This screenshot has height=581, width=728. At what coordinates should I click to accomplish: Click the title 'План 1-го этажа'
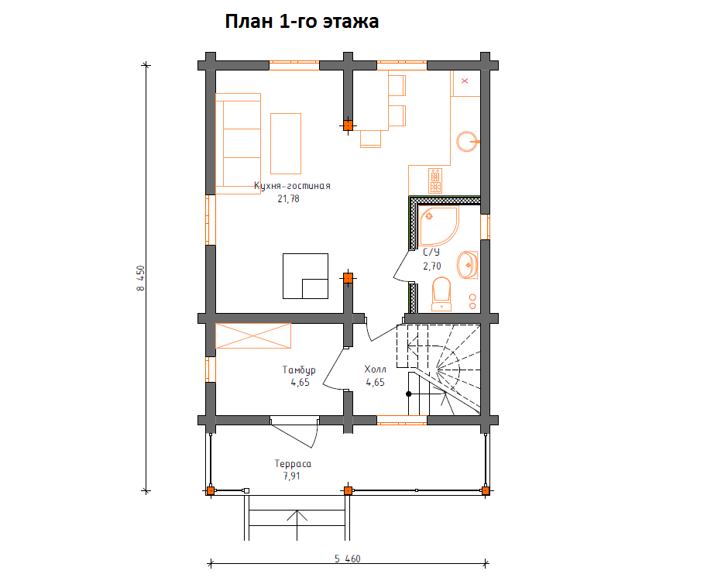(x=302, y=22)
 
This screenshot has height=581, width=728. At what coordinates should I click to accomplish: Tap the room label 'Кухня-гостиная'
(x=292, y=186)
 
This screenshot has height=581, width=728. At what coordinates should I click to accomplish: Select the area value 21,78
(x=288, y=199)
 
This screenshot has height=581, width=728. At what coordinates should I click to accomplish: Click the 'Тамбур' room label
(x=299, y=370)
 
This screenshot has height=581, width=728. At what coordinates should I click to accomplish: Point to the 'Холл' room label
(x=375, y=370)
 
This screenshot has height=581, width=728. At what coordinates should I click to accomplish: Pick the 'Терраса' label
(x=293, y=463)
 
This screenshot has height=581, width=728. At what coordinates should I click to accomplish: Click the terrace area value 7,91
(x=291, y=476)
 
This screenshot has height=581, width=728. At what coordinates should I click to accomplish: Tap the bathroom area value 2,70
(x=432, y=266)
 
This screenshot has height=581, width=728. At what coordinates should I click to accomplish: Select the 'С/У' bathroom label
(x=431, y=253)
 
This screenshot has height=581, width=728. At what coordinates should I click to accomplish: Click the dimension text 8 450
(x=141, y=278)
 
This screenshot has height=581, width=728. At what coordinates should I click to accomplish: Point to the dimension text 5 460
(x=348, y=559)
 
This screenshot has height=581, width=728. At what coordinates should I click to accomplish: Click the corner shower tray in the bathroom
(x=439, y=226)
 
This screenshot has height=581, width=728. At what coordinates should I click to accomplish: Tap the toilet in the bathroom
(x=441, y=294)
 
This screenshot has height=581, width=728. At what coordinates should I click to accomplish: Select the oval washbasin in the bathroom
(x=468, y=265)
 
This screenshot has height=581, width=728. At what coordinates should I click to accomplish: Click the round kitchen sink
(x=466, y=142)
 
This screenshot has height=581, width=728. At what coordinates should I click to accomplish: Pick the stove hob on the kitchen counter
(x=435, y=180)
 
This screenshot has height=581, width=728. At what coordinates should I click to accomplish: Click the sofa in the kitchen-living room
(x=238, y=143)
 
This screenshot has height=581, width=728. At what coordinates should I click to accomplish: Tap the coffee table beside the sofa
(x=286, y=143)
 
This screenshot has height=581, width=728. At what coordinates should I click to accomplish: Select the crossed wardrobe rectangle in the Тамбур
(x=253, y=335)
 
